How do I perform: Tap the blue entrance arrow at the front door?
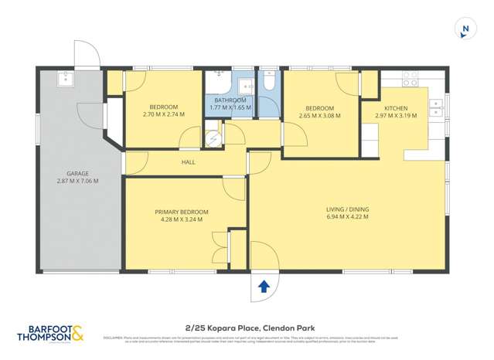pyautogui.click(x=264, y=287)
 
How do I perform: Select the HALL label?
pyautogui.click(x=188, y=162)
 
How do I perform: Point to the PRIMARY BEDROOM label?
pyautogui.click(x=181, y=212)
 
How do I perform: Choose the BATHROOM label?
pyautogui.click(x=230, y=100)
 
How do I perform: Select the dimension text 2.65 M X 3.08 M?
pyautogui.click(x=319, y=116)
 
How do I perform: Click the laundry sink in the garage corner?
pyautogui.click(x=66, y=78)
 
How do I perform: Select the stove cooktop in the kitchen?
pyautogui.click(x=409, y=78)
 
